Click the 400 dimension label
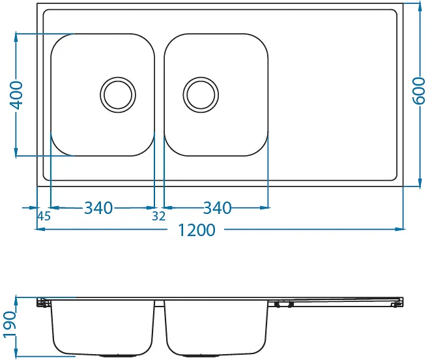(16, 95)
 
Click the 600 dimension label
(419, 91)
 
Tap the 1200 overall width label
(197, 230)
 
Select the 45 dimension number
(44, 217)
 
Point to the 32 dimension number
(159, 217)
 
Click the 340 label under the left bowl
(98, 208)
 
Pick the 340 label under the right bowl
(217, 208)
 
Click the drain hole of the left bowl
(118, 95)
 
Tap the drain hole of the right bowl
(201, 95)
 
